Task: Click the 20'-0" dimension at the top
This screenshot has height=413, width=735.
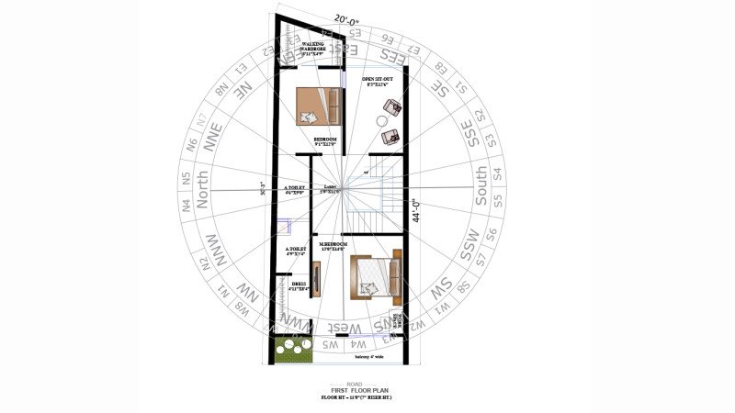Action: tap(346, 18)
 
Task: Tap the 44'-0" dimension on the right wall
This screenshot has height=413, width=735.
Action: tap(415, 211)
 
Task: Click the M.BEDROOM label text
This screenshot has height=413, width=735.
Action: tap(332, 246)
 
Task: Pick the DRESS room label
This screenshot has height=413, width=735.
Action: tap(300, 287)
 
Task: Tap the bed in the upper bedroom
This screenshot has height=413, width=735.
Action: tap(318, 106)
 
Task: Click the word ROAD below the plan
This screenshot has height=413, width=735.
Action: tap(354, 383)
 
